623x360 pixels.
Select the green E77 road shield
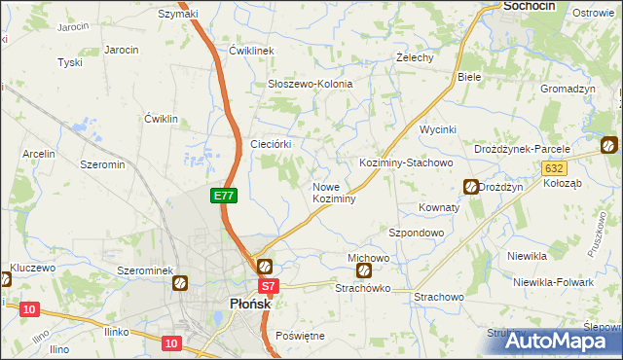(223, 196)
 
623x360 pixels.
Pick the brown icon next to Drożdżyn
(471, 187)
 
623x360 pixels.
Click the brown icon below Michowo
(364, 271)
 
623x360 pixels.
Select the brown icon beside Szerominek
(180, 283)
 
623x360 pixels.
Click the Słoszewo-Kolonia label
(310, 84)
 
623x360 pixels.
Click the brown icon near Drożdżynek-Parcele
(608, 146)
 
